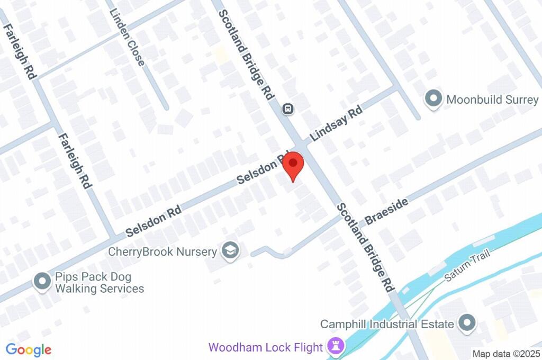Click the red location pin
pyautogui.click(x=293, y=165)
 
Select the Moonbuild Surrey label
pyautogui.click(x=492, y=100)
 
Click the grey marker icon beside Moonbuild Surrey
pyautogui.click(x=433, y=99)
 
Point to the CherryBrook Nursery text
pyautogui.click(x=162, y=251)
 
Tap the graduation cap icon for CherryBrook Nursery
pyautogui.click(x=230, y=251)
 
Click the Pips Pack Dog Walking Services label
pyautogui.click(x=100, y=283)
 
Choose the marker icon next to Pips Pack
pyautogui.click(x=42, y=282)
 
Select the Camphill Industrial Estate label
pyautogui.click(x=387, y=324)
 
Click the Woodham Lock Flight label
pyautogui.click(x=266, y=348)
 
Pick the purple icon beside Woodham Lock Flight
pyautogui.click(x=336, y=347)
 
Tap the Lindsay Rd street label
pyautogui.click(x=336, y=123)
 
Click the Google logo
pyautogui.click(x=29, y=349)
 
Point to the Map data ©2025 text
pyautogui.click(x=506, y=353)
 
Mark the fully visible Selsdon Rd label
pyautogui.click(x=153, y=221)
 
